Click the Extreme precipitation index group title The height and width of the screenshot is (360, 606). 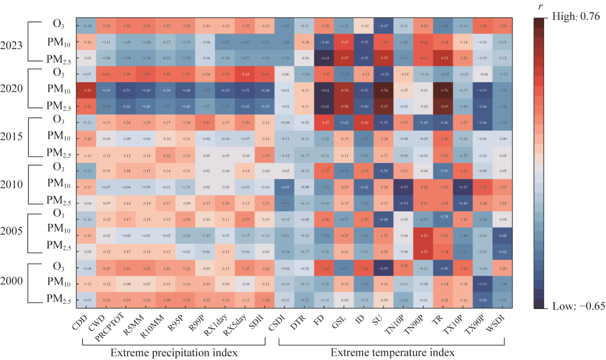[174, 352]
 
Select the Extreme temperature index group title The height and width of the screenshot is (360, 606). [392, 352]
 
